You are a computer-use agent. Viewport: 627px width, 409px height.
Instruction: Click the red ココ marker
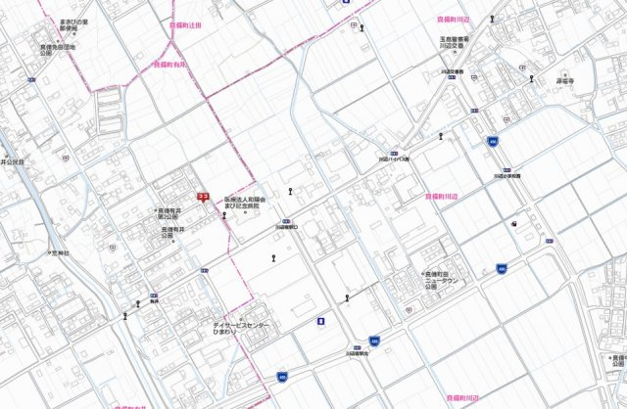(x=203, y=196)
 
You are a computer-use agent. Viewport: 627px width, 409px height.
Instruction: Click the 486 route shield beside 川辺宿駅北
(x=373, y=341)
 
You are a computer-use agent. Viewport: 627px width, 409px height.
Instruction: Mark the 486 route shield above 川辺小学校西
(x=492, y=142)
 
